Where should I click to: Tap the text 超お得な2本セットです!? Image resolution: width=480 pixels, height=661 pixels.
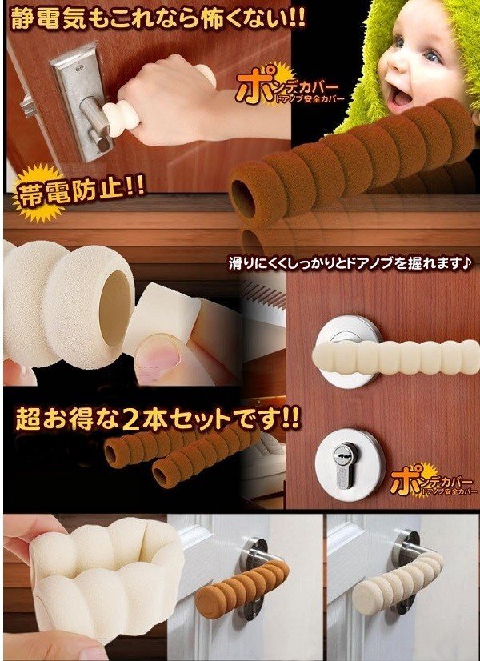[158, 419]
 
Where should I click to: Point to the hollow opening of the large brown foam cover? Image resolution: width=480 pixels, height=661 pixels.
[243, 194]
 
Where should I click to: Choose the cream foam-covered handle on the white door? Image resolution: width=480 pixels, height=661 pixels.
[397, 579]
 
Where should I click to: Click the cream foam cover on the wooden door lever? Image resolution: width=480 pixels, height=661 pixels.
[396, 356]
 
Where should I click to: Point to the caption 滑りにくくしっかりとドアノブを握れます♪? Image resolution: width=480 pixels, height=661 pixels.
[350, 263]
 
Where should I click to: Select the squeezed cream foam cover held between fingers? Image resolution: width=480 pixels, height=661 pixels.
[106, 578]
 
